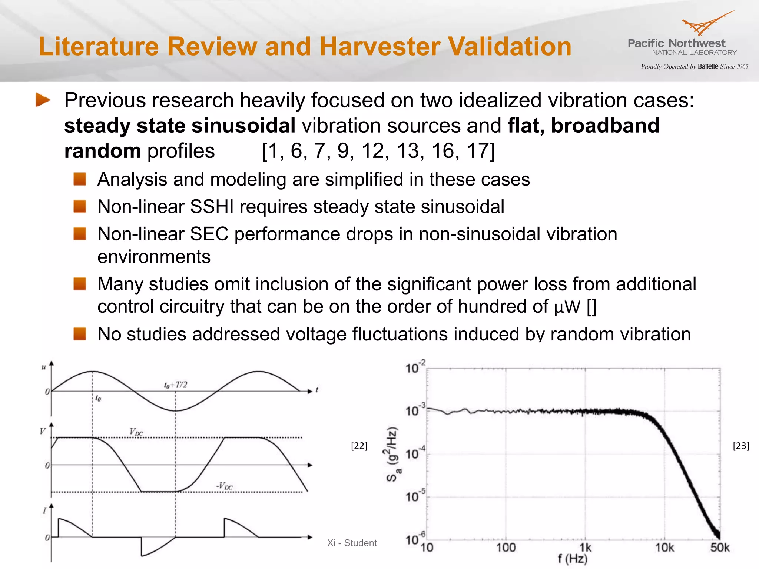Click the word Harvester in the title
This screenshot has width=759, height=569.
pos(379,47)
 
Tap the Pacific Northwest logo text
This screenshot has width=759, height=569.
pos(676,43)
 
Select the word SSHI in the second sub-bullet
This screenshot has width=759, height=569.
pos(212,207)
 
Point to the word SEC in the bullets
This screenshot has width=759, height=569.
pos(209,234)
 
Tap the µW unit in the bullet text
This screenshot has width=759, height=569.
pos(567,307)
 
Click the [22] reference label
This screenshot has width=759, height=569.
pos(359,446)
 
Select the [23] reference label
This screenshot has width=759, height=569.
pos(741,446)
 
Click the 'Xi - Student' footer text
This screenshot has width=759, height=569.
pos(352,543)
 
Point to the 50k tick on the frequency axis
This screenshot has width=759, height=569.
pos(719,548)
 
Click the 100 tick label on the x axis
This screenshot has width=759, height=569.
pos(506,548)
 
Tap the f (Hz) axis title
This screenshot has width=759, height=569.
pos(573,559)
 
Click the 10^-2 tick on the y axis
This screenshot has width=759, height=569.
pos(415,367)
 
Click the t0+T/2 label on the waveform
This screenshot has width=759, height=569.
pos(175,385)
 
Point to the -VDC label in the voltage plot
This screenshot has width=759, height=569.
pos(224,485)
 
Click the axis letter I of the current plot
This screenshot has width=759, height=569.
pos(44,511)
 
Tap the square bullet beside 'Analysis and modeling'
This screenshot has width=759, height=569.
pos(80,179)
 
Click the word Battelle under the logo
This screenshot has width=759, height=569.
pos(708,67)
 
